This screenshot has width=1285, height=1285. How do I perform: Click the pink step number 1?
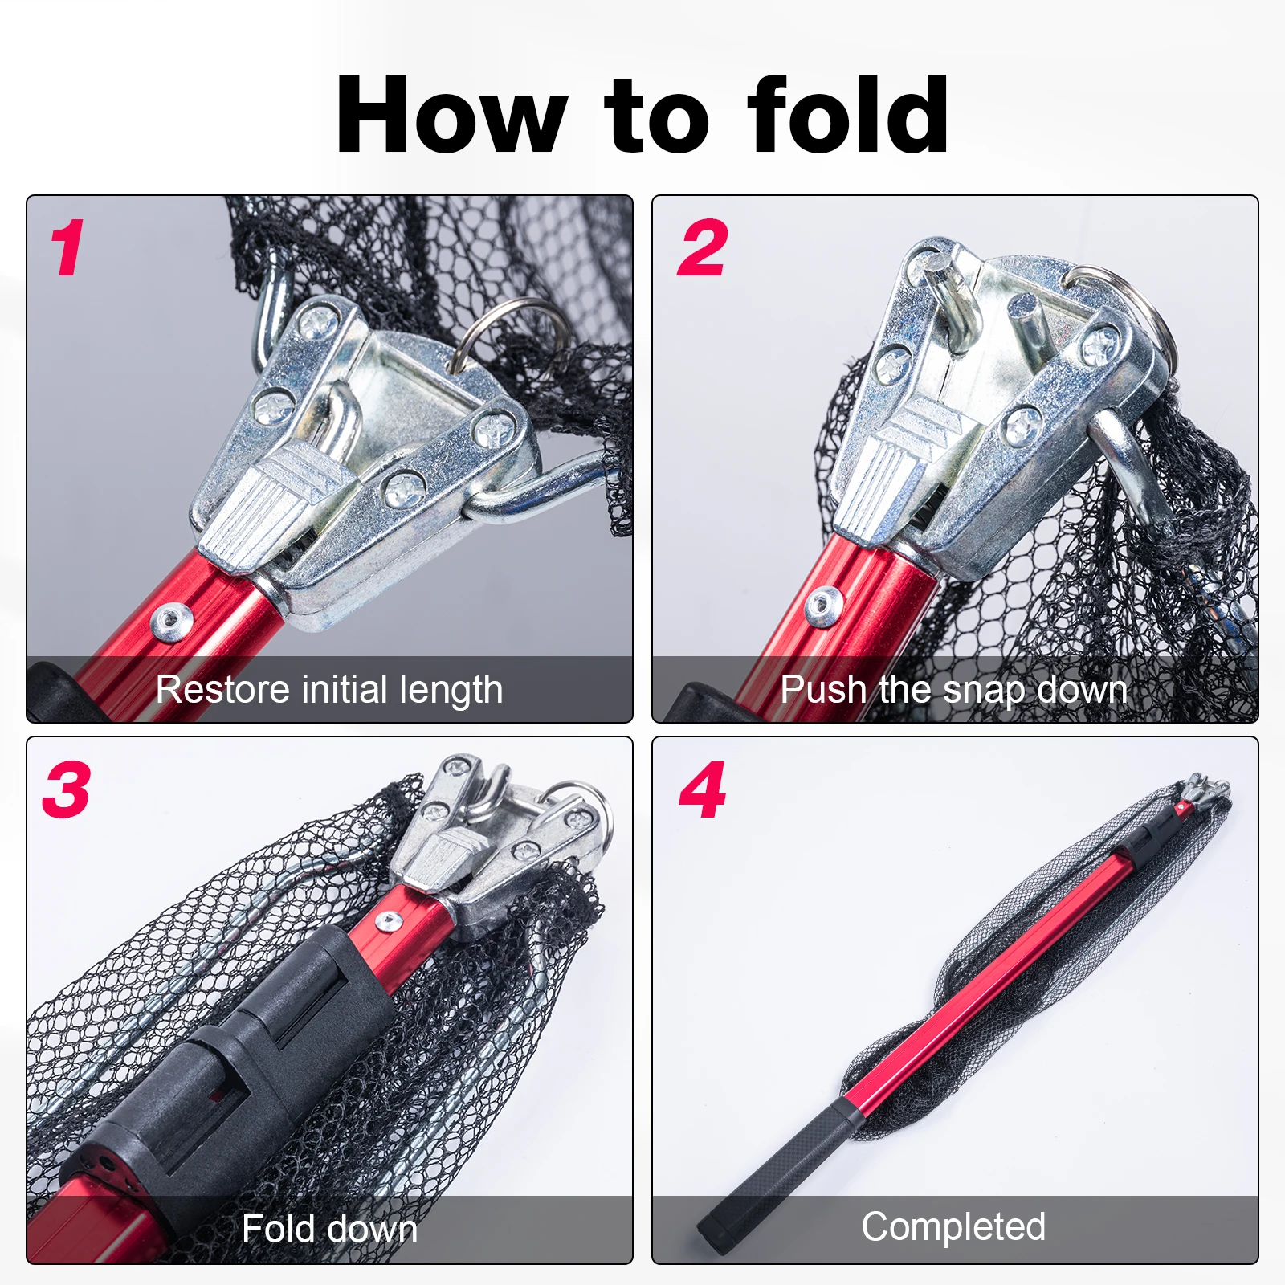tap(67, 249)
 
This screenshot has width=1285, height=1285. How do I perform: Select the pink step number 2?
tap(703, 248)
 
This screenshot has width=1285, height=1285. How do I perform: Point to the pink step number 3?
tap(66, 789)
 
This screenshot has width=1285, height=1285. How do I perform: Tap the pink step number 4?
tap(703, 790)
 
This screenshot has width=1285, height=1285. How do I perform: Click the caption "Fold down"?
tap(330, 1230)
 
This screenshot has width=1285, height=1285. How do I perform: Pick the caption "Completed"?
tap(954, 1227)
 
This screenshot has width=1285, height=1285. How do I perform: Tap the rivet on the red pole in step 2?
tap(823, 606)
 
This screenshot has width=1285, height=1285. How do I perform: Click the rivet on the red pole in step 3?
tap(390, 922)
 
